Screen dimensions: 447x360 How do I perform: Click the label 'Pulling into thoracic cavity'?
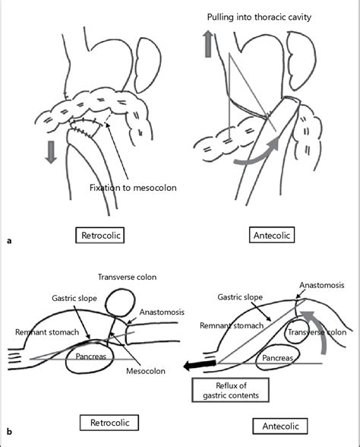(260, 16)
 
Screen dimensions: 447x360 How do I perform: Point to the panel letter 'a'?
(8, 241)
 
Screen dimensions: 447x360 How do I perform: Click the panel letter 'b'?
(8, 433)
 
